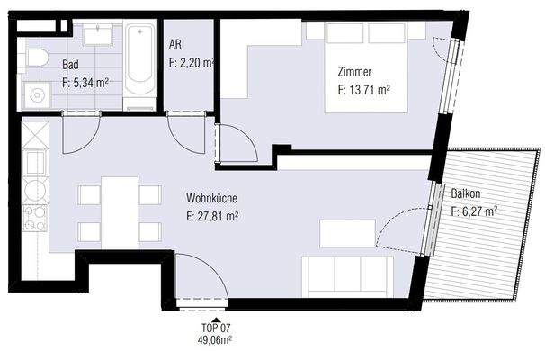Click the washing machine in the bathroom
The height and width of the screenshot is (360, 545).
(x=37, y=93)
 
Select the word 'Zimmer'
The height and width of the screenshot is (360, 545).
(x=356, y=72)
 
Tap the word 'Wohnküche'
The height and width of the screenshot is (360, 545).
(x=213, y=198)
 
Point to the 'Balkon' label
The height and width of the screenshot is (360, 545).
(x=467, y=193)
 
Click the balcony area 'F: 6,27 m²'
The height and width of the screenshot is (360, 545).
(x=474, y=212)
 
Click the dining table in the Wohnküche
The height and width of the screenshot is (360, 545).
(x=119, y=212)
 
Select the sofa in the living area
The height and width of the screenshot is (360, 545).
(x=347, y=275)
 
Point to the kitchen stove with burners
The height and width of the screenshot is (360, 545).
(x=35, y=219)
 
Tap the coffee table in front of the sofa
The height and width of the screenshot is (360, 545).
(x=347, y=233)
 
